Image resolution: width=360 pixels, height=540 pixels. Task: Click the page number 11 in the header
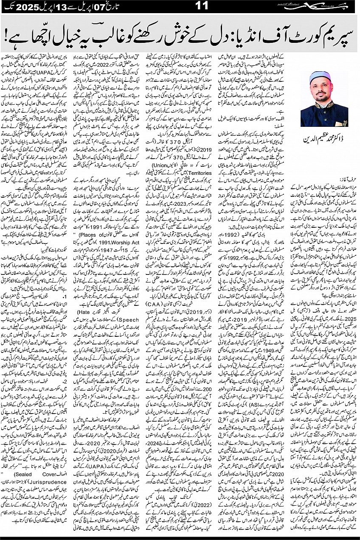point(180,7)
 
